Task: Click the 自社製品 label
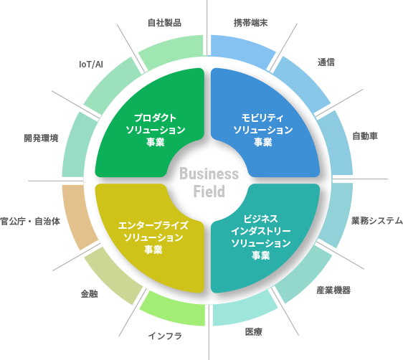coord(164,22)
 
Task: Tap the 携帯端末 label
coord(251,22)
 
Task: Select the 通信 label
coord(326,62)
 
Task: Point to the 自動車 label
coord(364,136)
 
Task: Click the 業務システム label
coord(376,221)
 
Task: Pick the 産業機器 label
coord(333,290)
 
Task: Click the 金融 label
coord(89,294)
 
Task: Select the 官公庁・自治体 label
coord(30,221)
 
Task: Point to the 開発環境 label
coord(41,137)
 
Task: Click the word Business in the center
coord(208,174)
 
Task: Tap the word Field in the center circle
coord(209,191)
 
